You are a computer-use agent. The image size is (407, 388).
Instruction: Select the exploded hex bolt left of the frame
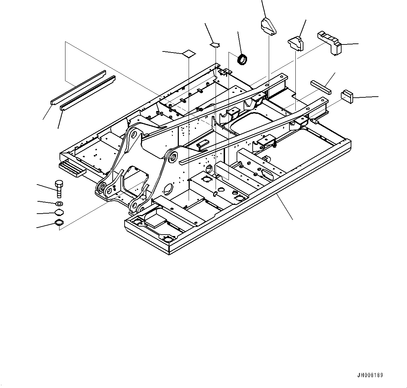58,189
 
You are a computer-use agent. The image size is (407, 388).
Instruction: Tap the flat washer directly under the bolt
59,203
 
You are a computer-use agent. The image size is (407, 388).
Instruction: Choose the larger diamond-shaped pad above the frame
189,53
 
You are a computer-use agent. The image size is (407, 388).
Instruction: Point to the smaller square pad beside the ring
215,44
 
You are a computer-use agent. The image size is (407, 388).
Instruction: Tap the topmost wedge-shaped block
268,26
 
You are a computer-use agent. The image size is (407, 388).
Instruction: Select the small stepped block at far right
347,96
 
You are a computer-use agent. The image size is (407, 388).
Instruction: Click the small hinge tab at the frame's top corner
226,71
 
